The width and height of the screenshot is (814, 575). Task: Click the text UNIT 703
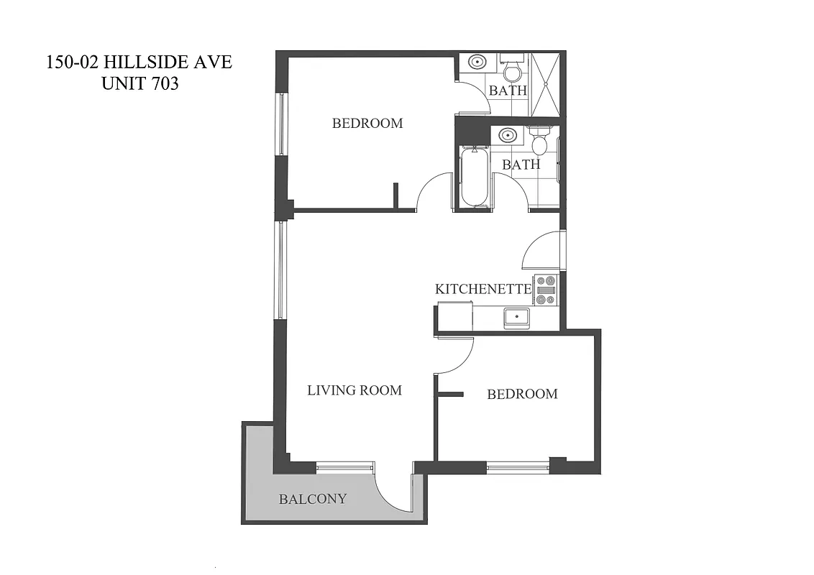140,83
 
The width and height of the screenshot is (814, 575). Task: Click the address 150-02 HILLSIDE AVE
139,62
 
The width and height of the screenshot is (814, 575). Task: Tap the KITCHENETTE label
483,289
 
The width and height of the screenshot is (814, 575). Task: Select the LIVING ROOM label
355,390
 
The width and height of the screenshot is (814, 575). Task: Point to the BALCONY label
313,499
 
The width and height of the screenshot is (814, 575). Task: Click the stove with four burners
545,290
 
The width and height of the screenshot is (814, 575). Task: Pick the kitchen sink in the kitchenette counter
516,317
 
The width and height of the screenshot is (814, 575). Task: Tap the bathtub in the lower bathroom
474,177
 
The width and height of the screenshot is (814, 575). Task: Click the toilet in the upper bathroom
513,69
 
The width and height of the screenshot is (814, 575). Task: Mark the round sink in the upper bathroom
477,62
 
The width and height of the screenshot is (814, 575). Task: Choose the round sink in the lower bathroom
508,134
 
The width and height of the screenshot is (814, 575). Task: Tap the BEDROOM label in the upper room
367,123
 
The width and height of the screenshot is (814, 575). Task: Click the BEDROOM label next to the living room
522,394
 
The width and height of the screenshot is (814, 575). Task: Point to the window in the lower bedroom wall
517,467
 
